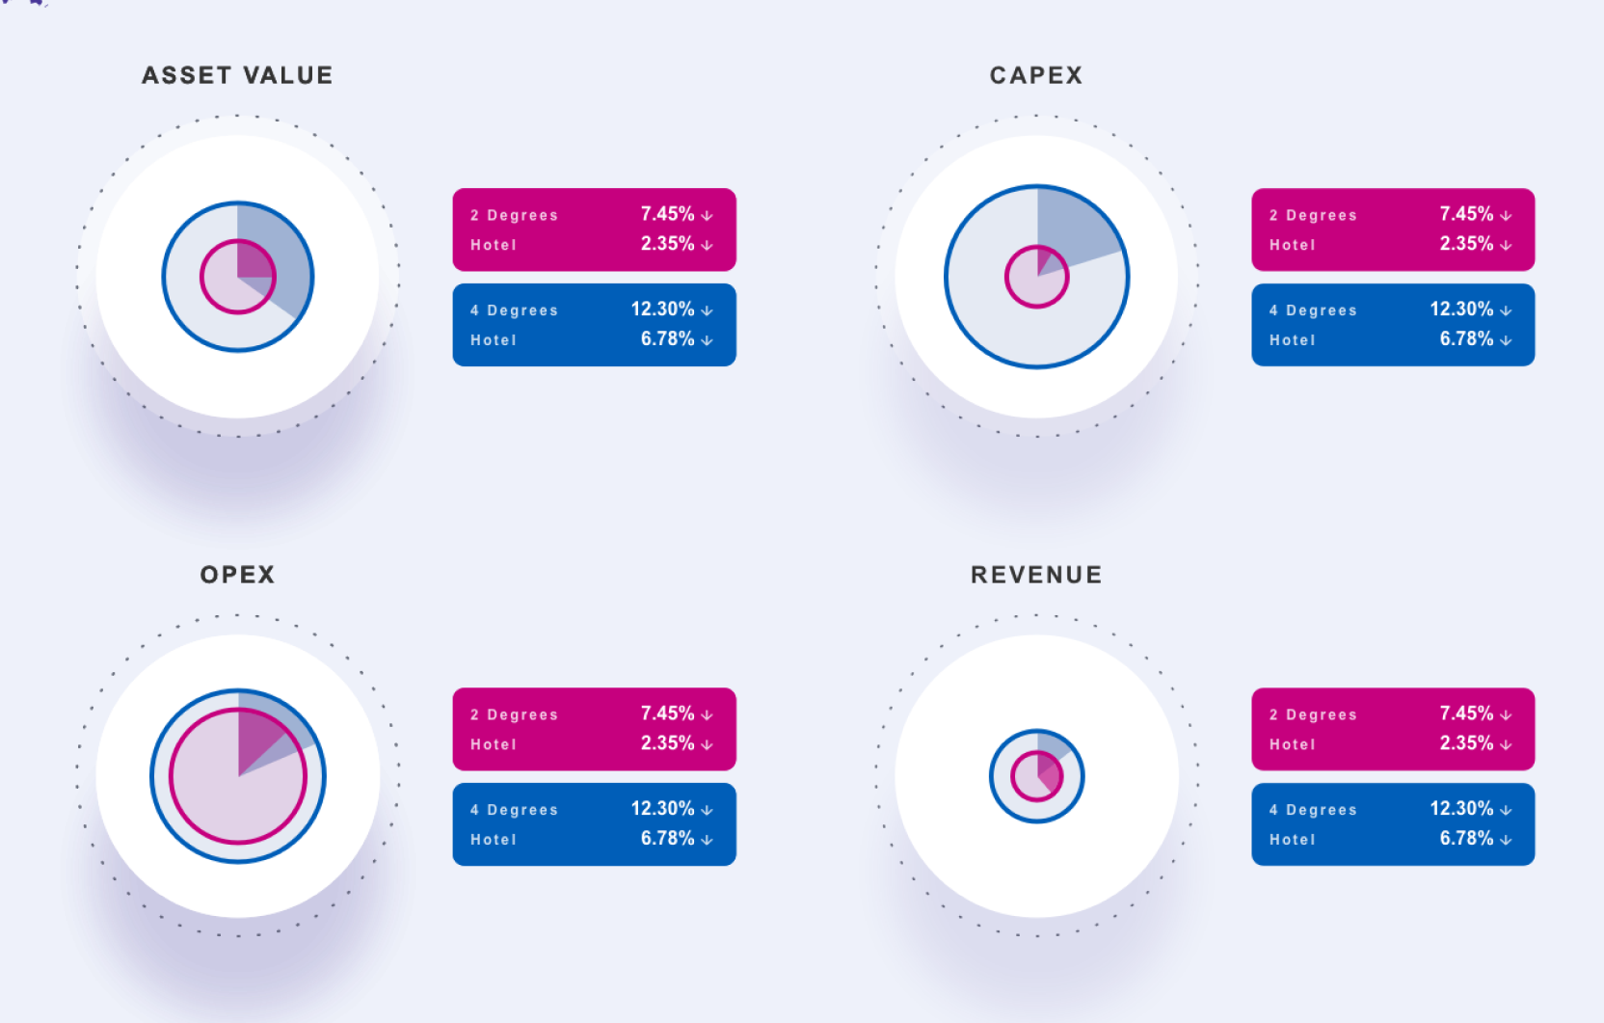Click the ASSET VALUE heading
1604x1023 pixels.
click(x=237, y=75)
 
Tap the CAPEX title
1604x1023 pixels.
click(x=1036, y=75)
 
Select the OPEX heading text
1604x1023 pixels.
click(x=237, y=575)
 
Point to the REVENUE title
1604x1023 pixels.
click(x=1036, y=575)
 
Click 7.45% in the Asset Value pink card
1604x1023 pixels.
click(x=667, y=214)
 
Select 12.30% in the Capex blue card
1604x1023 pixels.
click(x=1460, y=310)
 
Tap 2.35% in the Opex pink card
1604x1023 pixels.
click(x=667, y=743)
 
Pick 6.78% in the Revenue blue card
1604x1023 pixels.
click(x=1466, y=839)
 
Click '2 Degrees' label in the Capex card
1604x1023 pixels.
click(x=1313, y=215)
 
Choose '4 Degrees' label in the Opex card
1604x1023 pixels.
click(x=514, y=810)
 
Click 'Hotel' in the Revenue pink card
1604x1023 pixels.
click(x=1292, y=744)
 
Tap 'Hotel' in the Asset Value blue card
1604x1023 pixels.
click(x=494, y=340)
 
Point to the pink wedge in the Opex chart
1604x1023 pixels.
click(x=254, y=737)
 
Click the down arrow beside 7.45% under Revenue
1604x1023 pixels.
click(x=1506, y=715)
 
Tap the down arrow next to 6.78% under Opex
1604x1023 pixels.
click(x=707, y=841)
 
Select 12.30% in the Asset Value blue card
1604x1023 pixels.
click(x=662, y=310)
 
